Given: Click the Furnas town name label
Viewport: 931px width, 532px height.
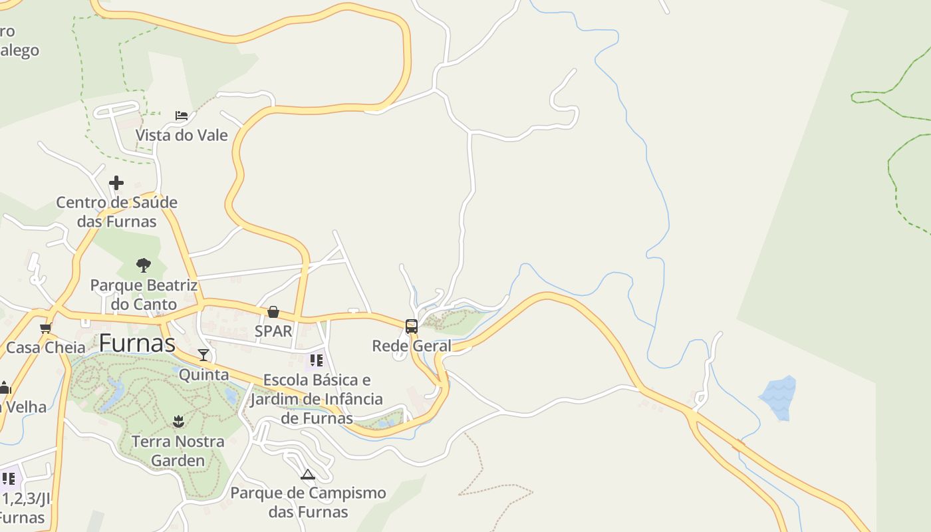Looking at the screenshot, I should click(x=137, y=344).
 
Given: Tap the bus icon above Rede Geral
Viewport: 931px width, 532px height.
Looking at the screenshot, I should click(x=412, y=327).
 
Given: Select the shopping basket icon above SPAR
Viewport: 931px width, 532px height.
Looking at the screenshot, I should click(x=273, y=312).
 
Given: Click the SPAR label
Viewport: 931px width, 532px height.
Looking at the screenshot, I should click(x=273, y=331).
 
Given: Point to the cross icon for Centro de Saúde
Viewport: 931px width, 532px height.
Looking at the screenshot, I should click(x=116, y=183).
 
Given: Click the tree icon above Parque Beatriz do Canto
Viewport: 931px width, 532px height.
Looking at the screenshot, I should click(x=143, y=266).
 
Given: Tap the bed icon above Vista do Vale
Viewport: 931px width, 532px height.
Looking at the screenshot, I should click(x=182, y=116).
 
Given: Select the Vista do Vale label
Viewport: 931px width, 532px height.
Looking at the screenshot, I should click(x=182, y=136).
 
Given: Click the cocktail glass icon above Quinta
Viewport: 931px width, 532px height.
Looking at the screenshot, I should click(x=203, y=355).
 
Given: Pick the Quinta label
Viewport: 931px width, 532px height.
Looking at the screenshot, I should click(x=203, y=374).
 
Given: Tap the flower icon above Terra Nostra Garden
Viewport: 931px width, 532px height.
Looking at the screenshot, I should click(x=178, y=422).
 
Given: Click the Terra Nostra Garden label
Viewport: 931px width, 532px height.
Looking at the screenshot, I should click(x=178, y=451).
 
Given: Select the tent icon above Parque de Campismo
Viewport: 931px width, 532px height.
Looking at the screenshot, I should click(x=307, y=474).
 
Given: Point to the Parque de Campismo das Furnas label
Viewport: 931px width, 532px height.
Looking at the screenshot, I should click(x=308, y=503).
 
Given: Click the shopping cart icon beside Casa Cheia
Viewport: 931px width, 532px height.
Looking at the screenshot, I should click(x=46, y=329).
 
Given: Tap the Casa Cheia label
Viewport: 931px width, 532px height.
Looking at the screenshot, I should click(x=46, y=347).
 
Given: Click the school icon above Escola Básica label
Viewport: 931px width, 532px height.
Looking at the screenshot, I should click(x=317, y=360).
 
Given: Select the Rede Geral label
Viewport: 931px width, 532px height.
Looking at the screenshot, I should click(x=412, y=346).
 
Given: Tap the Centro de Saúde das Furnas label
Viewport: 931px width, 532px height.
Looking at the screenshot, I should click(x=116, y=211).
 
